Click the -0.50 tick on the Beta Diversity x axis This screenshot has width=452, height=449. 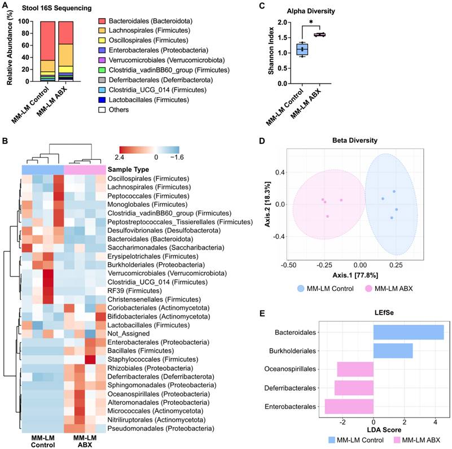click(x=288, y=264)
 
